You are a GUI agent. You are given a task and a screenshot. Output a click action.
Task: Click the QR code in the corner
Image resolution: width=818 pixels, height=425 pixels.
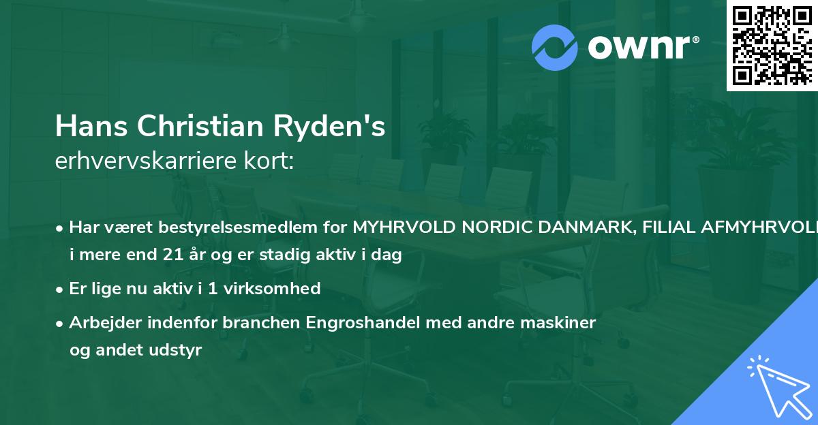point(772,45)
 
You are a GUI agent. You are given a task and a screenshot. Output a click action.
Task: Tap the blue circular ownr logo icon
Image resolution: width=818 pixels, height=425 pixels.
point(555,48)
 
